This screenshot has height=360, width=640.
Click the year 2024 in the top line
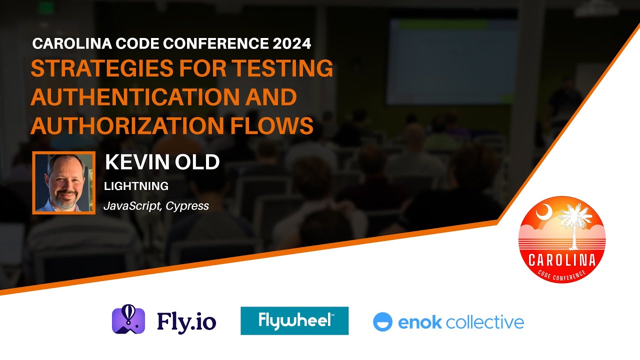(x=292, y=43)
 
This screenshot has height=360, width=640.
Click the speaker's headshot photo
(x=63, y=182)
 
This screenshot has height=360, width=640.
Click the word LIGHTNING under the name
(x=136, y=186)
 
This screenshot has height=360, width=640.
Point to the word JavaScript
(x=131, y=205)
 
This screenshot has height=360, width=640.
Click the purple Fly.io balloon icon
(x=128, y=320)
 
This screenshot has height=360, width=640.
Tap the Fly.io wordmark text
(x=186, y=321)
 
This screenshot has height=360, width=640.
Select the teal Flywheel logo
(x=294, y=320)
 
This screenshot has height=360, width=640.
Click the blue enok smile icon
(x=383, y=322)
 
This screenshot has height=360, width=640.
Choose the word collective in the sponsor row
(x=484, y=322)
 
